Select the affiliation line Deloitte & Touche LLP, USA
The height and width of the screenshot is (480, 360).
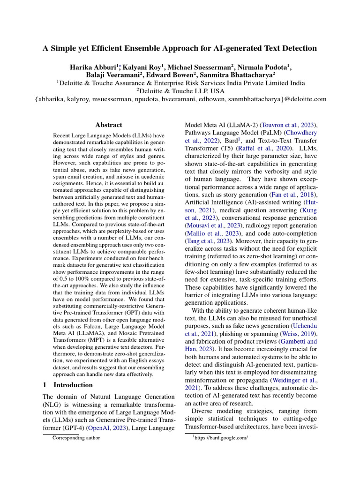180,91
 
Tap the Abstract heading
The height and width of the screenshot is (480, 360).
108,125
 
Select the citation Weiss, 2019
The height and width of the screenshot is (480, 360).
297,333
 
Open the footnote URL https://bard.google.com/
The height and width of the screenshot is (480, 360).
220,438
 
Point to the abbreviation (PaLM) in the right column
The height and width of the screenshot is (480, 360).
267,134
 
